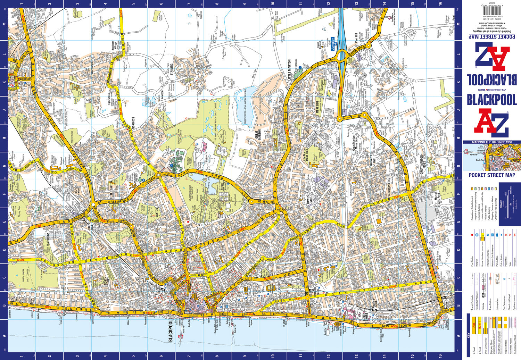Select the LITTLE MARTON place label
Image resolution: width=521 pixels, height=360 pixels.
coord(290,70)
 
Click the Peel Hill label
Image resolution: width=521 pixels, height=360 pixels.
coord(356,37)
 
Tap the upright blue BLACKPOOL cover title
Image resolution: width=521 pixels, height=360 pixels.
coord(491,100)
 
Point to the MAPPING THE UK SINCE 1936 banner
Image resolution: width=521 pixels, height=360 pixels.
coord(491,142)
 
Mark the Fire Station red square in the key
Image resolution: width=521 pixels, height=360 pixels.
coord(473,235)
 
